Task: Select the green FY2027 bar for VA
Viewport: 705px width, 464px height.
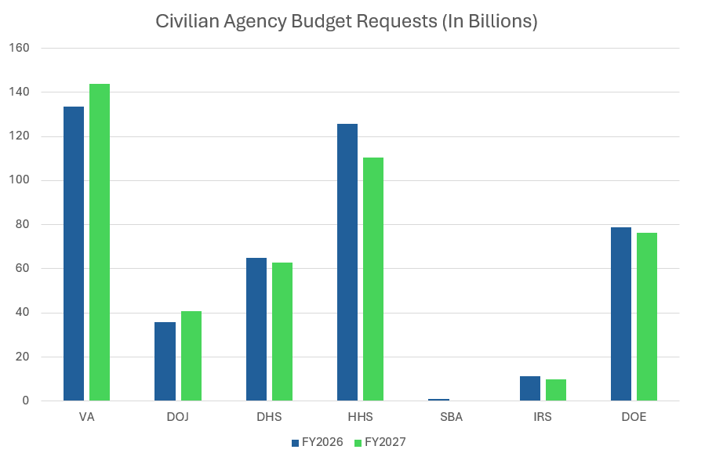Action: [x=100, y=242]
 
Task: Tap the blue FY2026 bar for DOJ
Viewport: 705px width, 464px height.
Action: [x=165, y=361]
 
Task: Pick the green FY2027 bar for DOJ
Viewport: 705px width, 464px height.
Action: [x=191, y=356]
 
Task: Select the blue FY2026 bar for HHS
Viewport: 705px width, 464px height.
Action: [x=347, y=262]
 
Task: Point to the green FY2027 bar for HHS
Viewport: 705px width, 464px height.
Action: [x=373, y=279]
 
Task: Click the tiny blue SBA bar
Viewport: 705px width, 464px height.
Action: [x=438, y=400]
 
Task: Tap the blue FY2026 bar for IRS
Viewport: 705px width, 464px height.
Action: [x=530, y=389]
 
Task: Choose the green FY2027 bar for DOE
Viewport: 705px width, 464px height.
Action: [x=647, y=317]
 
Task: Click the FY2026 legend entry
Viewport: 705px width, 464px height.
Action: [x=318, y=442]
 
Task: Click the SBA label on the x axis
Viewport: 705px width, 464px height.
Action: [x=451, y=417]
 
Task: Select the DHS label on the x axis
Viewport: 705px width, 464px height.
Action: [x=269, y=417]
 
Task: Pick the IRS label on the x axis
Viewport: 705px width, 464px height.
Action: [x=542, y=417]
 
